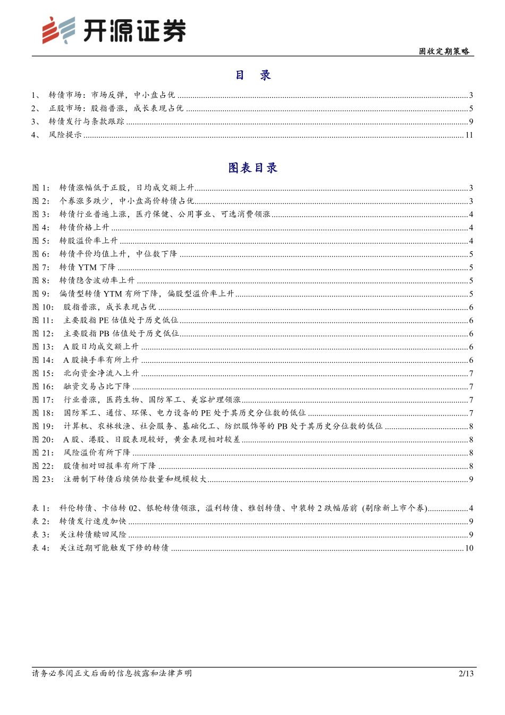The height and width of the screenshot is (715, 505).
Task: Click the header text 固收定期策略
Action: click(444, 51)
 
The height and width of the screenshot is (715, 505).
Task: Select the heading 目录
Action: click(253, 75)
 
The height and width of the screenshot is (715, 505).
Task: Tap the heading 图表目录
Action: click(253, 168)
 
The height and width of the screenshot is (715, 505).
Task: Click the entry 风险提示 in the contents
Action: click(65, 135)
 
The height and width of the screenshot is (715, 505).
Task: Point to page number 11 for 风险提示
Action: click(469, 135)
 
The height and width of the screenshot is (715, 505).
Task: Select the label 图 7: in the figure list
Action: click(41, 267)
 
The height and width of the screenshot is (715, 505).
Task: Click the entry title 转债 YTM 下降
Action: click(87, 267)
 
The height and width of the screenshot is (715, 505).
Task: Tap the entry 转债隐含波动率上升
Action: click(97, 280)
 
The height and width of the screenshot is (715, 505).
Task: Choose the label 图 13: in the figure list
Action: click(43, 346)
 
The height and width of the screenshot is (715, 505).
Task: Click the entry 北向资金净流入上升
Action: click(101, 373)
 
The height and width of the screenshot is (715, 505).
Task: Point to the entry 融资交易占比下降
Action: click(97, 386)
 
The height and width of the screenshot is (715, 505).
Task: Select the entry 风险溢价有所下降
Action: click(97, 452)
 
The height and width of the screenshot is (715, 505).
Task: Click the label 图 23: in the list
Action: click(43, 479)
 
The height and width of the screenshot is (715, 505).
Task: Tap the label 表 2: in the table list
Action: click(41, 521)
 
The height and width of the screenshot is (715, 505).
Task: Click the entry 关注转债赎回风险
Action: click(93, 535)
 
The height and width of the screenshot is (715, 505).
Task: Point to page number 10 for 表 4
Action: click(469, 548)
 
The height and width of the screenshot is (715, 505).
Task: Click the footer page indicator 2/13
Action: click(466, 674)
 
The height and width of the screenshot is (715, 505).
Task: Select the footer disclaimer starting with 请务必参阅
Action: click(112, 674)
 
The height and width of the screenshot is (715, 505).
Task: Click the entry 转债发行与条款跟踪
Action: click(87, 121)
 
